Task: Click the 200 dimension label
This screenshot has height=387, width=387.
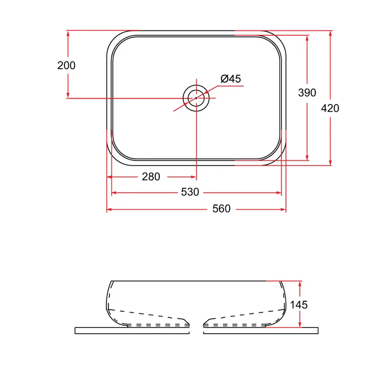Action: coord(66,65)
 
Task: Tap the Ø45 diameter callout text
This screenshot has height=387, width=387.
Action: coord(231,79)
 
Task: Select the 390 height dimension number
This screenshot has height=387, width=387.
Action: coord(307,92)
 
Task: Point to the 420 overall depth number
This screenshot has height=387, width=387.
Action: coord(330,108)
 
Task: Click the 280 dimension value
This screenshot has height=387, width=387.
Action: coord(151,177)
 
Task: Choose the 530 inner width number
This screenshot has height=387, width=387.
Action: coord(190,192)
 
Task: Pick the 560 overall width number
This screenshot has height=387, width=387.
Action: coord(222,209)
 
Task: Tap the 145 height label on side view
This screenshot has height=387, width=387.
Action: coord(298,305)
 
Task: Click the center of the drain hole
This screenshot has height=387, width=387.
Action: coord(196,98)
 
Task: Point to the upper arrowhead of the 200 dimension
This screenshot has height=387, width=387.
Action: coord(68,33)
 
